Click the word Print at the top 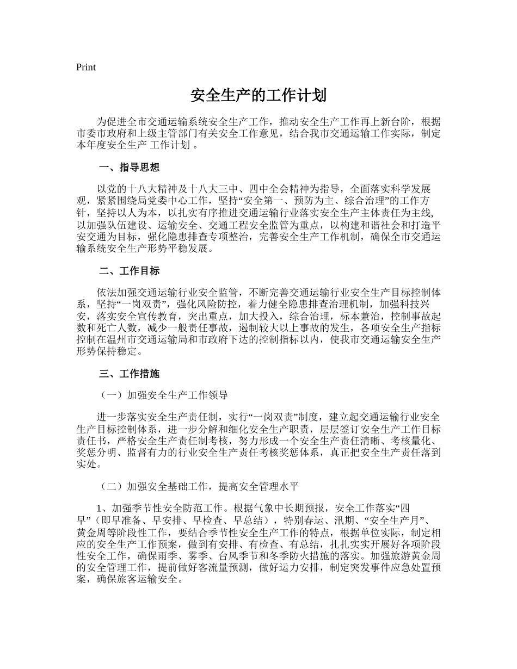[x=85, y=67]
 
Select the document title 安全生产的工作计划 [x=258, y=96]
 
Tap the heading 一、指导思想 [x=129, y=167]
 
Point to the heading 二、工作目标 [x=129, y=271]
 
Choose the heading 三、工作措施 [x=129, y=374]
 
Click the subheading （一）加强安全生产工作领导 [x=163, y=395]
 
